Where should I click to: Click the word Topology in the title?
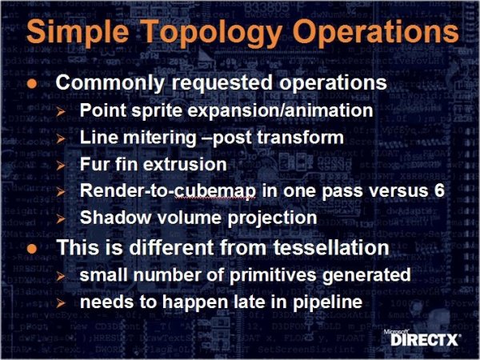[x=213, y=33]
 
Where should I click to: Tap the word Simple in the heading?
[x=78, y=33]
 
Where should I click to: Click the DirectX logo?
[x=422, y=338]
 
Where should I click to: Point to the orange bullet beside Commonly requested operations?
[x=32, y=83]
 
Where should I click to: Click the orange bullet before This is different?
[x=32, y=248]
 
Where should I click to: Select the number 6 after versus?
[x=439, y=190]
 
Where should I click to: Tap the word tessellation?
[x=331, y=247]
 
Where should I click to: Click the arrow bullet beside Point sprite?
[x=61, y=111]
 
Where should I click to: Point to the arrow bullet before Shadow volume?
[x=61, y=218]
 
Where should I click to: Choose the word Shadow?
[x=116, y=218]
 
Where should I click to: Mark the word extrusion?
[x=185, y=164]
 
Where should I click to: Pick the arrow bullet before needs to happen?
[x=61, y=303]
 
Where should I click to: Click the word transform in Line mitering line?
[x=300, y=138]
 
